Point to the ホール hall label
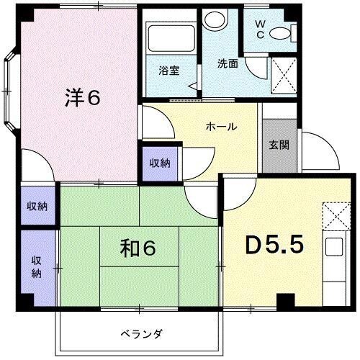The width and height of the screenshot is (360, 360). (221, 127)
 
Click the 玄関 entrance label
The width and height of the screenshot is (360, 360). (279, 144)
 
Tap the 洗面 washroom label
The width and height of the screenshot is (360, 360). (228, 63)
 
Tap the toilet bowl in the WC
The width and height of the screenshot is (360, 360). (287, 32)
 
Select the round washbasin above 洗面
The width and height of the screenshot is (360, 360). (213, 20)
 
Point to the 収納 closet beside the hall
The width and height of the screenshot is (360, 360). (161, 163)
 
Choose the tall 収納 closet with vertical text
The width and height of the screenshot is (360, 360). (37, 266)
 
